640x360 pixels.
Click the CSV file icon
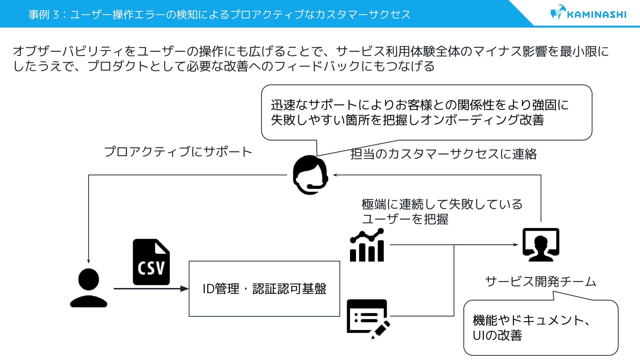(151, 262)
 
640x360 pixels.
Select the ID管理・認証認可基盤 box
(264, 289)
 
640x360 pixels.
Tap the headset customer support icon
(310, 175)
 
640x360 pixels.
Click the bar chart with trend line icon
(367, 245)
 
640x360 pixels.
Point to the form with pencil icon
(368, 318)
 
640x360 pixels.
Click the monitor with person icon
(541, 245)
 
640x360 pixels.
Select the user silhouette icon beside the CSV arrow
(89, 288)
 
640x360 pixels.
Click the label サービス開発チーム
(540, 282)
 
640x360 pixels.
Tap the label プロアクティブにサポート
(178, 152)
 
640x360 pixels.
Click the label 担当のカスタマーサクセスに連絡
(443, 154)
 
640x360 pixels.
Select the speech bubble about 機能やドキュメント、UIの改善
(540, 327)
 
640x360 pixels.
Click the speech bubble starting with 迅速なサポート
(426, 112)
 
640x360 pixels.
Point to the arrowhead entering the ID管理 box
(184, 289)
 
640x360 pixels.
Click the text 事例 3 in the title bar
(43, 15)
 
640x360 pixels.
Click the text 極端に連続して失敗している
(442, 204)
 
